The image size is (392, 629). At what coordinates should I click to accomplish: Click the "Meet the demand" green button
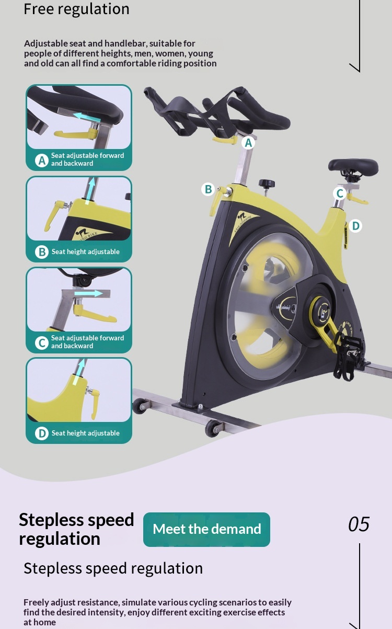pyautogui.click(x=206, y=529)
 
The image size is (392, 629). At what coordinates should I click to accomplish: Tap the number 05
pyautogui.click(x=359, y=524)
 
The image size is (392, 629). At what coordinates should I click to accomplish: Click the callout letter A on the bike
pyautogui.click(x=248, y=143)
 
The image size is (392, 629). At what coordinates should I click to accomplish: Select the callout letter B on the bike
pyautogui.click(x=208, y=189)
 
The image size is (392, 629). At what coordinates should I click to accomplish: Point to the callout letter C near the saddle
pyautogui.click(x=340, y=193)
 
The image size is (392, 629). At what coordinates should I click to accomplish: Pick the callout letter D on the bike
pyautogui.click(x=355, y=226)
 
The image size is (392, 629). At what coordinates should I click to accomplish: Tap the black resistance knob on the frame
pyautogui.click(x=267, y=184)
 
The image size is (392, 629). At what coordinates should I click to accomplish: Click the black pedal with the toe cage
pyautogui.click(x=349, y=358)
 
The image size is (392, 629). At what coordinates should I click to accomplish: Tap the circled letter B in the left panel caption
pyautogui.click(x=42, y=252)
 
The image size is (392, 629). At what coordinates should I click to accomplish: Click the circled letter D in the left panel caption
pyautogui.click(x=42, y=433)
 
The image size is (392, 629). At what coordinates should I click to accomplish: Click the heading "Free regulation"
pyautogui.click(x=76, y=9)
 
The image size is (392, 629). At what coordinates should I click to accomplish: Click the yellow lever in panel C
pyautogui.click(x=94, y=313)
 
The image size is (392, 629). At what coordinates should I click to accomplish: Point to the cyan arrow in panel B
pyautogui.click(x=90, y=190)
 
